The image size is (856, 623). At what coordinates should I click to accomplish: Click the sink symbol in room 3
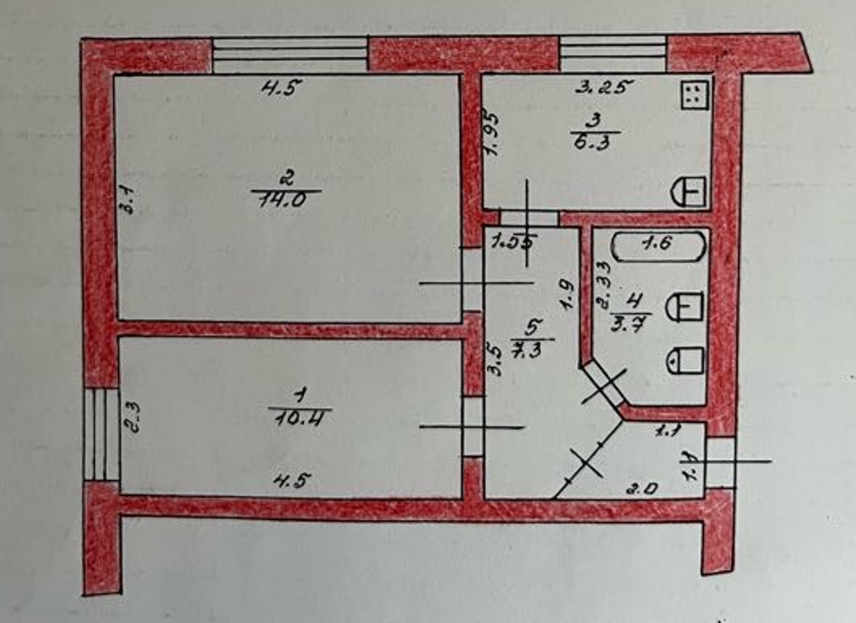(x=689, y=190)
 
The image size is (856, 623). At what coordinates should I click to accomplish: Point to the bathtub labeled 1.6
(x=658, y=246)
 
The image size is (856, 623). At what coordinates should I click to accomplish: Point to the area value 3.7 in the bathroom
(x=632, y=322)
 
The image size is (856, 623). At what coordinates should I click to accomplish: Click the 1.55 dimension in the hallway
(x=514, y=241)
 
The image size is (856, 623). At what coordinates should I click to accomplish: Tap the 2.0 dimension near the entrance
(x=644, y=488)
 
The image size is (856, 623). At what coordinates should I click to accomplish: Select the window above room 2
(x=290, y=55)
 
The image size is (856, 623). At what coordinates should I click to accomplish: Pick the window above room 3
(x=613, y=54)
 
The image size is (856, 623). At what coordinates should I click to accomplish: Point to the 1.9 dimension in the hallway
(x=566, y=296)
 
